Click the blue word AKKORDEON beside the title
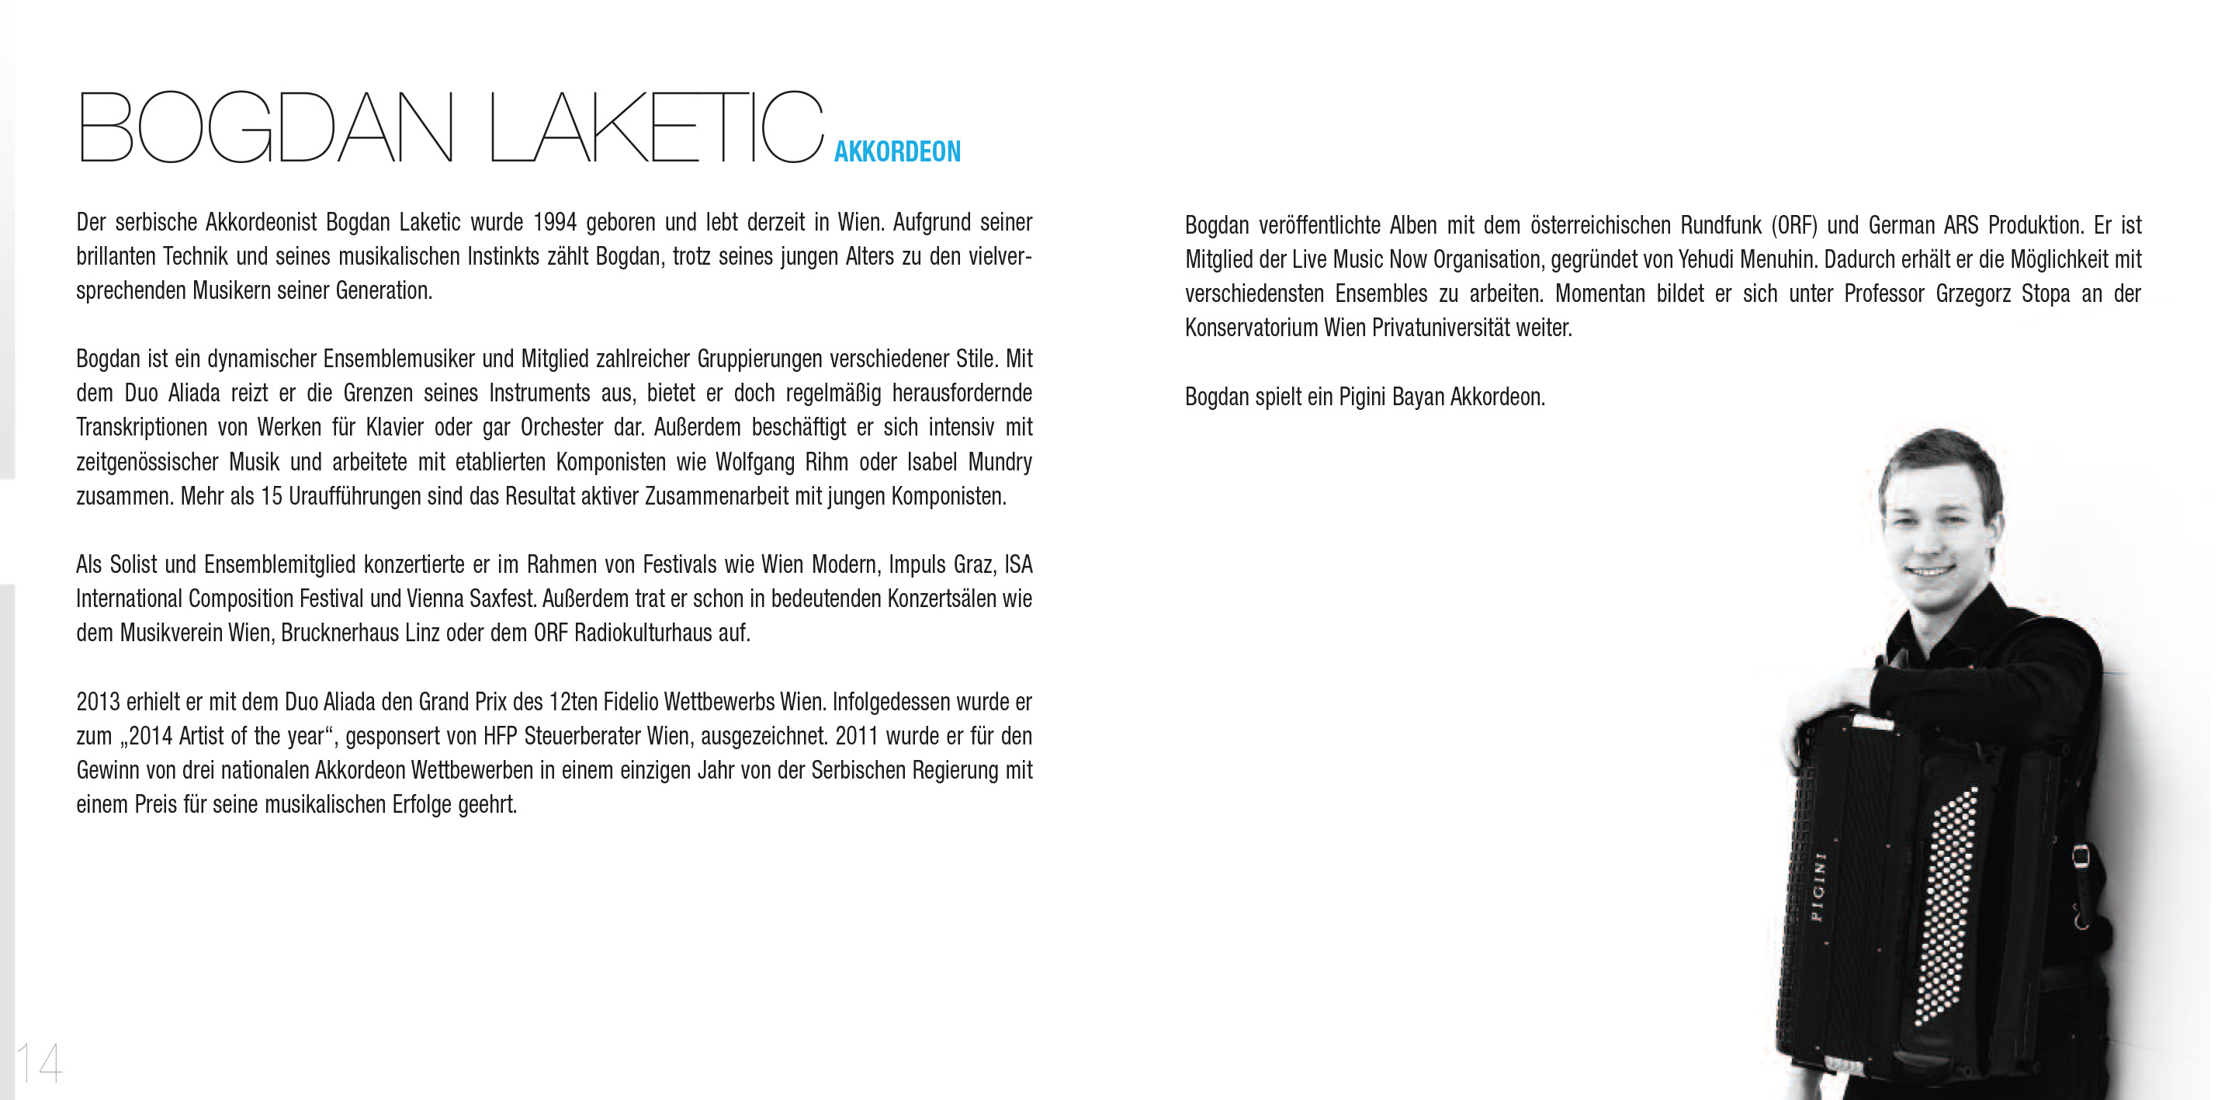[896, 151]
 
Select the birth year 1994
[554, 222]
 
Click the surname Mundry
[1000, 463]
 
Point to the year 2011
[857, 737]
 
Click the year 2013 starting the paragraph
[97, 702]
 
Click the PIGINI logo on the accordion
[1818, 887]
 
